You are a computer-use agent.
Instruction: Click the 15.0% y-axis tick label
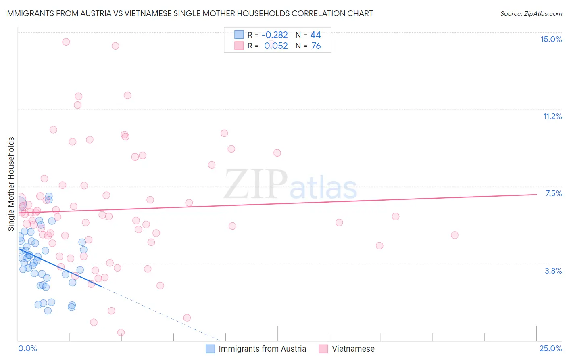[x=551, y=39]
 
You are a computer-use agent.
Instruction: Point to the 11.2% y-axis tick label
[x=552, y=116]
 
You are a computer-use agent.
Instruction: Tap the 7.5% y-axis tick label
[x=553, y=193]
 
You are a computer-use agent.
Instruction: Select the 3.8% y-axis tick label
[x=553, y=271]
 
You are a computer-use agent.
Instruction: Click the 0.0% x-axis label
[x=27, y=348]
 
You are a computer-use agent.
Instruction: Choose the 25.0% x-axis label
[x=550, y=348]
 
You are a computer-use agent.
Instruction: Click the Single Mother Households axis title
[x=11, y=184]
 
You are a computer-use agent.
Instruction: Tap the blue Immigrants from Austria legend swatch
[x=210, y=349]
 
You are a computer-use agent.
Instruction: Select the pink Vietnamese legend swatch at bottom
[x=323, y=349]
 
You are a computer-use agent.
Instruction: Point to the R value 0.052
[x=276, y=46]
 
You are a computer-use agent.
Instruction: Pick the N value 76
[x=316, y=46]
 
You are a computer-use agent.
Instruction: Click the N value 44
[x=315, y=35]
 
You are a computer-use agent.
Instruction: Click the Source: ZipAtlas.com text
[x=531, y=13]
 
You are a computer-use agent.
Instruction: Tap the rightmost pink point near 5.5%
[x=454, y=235]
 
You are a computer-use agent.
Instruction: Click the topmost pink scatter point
[x=66, y=42]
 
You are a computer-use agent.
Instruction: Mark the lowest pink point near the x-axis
[x=121, y=333]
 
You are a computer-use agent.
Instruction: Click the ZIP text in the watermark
[x=256, y=184]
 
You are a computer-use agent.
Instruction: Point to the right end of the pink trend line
[x=536, y=195]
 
